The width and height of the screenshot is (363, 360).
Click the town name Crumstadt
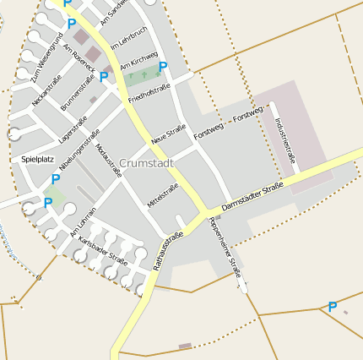(x=148, y=162)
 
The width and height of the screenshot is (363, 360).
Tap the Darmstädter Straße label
(x=252, y=200)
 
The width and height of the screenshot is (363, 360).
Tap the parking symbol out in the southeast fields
(x=333, y=307)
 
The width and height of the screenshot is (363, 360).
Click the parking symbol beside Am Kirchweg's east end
(x=163, y=67)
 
